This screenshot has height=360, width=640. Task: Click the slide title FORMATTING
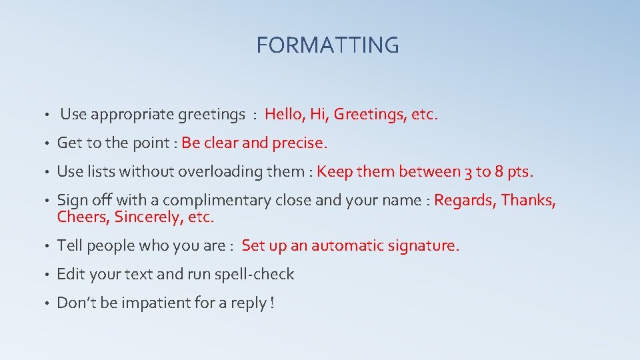point(327,45)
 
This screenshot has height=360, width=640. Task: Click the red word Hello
point(284,114)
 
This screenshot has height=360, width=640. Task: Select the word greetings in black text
point(211,115)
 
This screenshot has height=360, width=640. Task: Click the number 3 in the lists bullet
point(468,171)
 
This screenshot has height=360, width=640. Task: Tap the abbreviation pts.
point(521,172)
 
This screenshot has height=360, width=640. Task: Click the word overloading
point(219,171)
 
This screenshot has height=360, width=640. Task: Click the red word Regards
point(464,201)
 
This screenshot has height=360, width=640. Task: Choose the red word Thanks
point(528,200)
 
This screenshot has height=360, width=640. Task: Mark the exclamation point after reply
point(271,303)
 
